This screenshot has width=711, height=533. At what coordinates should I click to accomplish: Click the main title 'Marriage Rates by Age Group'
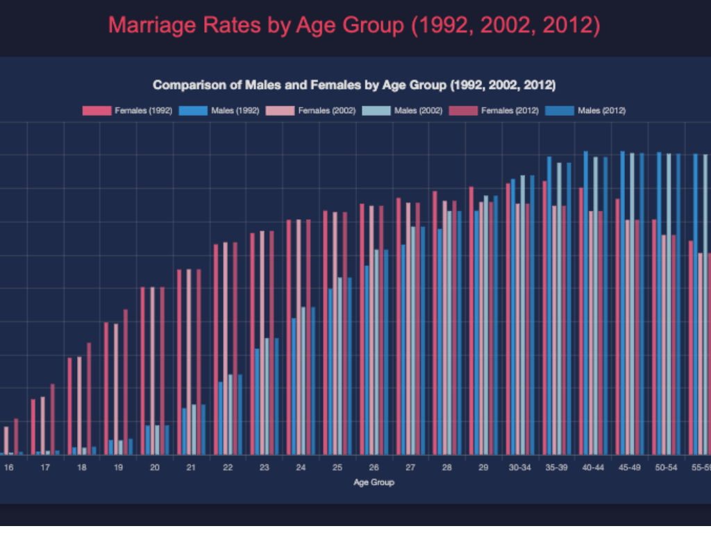(354, 26)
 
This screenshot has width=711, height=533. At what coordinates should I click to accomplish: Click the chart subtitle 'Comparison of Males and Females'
(354, 85)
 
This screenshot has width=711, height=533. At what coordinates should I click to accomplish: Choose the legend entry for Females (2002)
(319, 110)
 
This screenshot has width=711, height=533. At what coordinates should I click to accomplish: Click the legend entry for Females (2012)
(512, 110)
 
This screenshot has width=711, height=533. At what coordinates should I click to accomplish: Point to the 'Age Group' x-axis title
(374, 482)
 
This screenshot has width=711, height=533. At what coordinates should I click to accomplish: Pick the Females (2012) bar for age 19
(126, 382)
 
